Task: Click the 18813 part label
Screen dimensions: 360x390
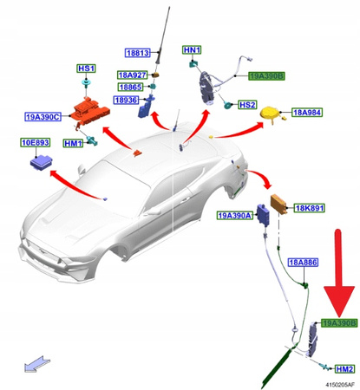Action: pos(138,53)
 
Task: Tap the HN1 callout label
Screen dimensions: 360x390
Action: pos(192,50)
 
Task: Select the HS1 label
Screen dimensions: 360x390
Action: pos(87,68)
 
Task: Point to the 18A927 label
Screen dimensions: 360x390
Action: pos(133,75)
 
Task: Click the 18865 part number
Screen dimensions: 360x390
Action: pos(130,87)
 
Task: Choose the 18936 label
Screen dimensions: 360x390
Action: pos(126,100)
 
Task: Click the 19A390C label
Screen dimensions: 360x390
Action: pos(43,117)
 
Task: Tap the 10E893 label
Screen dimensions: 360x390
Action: pos(36,142)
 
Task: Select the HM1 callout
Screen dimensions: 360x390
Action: pos(73,143)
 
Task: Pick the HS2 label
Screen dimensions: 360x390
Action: pos(247,105)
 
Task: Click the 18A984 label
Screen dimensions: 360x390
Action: pos(307,112)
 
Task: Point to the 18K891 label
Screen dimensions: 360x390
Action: pos(309,208)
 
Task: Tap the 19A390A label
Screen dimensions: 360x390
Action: pos(235,216)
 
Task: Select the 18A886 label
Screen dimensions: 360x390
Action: pos(303,263)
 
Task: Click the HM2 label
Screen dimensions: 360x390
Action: pos(344,369)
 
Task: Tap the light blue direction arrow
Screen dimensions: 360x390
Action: pos(37,364)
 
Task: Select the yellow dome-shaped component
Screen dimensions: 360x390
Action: pos(271,114)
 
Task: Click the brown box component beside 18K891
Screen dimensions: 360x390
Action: pos(278,204)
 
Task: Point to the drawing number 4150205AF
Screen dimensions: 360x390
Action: pos(340,385)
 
